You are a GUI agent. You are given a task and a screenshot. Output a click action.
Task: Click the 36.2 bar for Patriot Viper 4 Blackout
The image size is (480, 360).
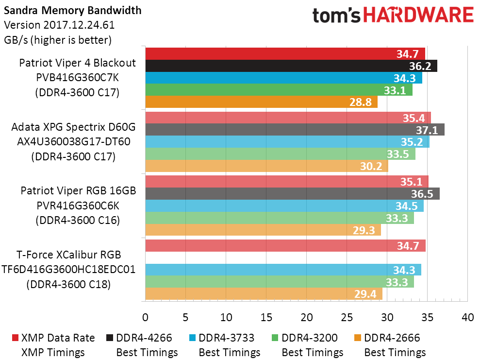click(x=291, y=66)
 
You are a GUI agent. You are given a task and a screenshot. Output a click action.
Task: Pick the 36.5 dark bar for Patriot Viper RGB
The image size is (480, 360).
click(x=292, y=193)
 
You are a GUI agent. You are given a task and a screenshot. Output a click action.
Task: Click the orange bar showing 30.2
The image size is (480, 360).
click(x=266, y=167)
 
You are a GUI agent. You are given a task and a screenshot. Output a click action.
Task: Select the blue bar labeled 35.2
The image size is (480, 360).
click(x=287, y=142)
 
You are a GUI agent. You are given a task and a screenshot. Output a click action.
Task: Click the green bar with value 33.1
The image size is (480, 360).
click(x=279, y=90)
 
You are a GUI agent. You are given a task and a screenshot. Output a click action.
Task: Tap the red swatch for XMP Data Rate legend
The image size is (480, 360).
click(x=15, y=338)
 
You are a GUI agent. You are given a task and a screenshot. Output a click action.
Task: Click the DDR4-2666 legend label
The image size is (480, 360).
click(x=392, y=338)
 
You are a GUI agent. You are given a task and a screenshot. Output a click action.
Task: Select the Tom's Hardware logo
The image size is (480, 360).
click(x=393, y=16)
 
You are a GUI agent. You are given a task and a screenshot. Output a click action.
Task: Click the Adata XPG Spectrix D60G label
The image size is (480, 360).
click(x=73, y=127)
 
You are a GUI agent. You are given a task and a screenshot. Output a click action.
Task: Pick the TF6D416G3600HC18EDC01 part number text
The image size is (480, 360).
click(x=68, y=269)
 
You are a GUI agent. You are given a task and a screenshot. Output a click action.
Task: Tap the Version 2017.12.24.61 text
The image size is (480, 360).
click(x=59, y=25)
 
